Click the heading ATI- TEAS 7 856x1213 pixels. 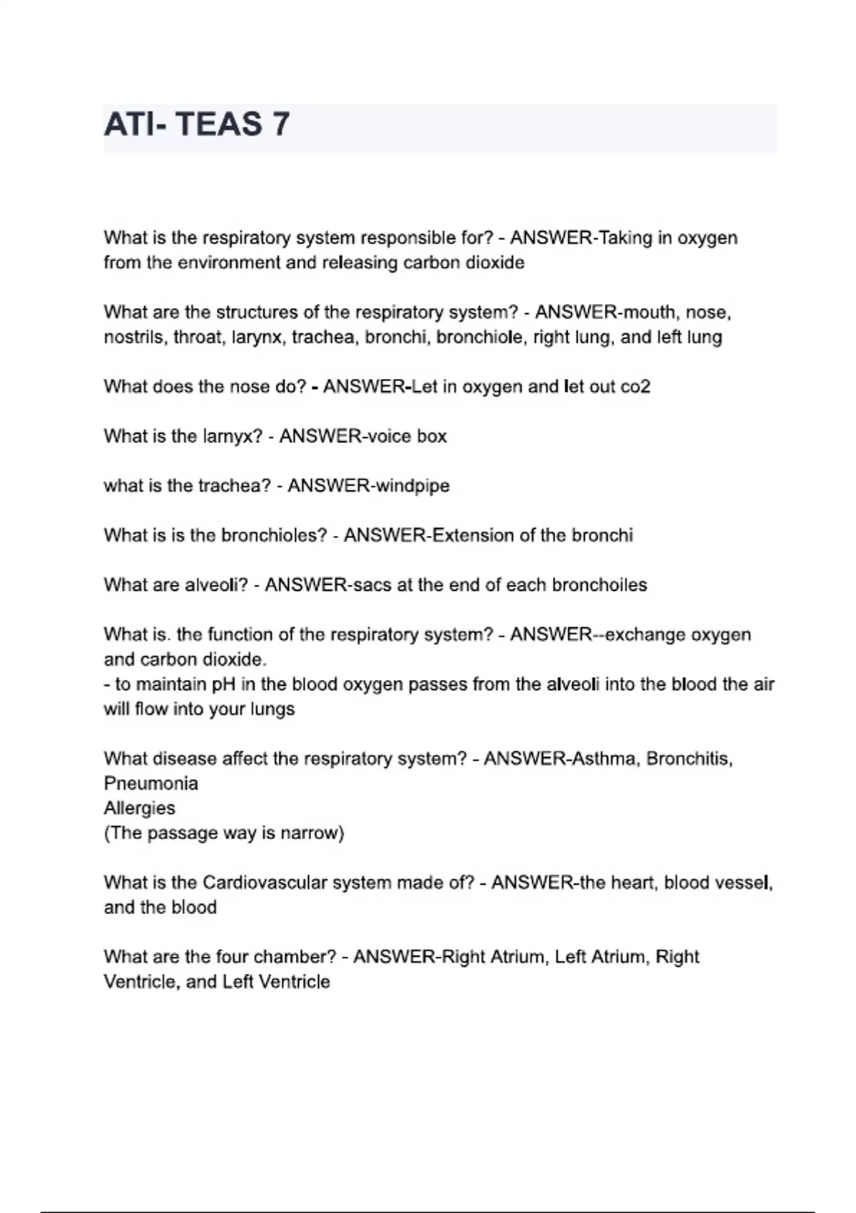(x=197, y=125)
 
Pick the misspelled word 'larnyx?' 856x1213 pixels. (x=233, y=436)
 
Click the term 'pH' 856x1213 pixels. (x=223, y=684)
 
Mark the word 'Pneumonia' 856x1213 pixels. (x=151, y=783)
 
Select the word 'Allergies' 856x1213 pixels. (x=139, y=808)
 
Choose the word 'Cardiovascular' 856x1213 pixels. (x=265, y=883)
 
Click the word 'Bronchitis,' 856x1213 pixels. (x=690, y=758)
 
